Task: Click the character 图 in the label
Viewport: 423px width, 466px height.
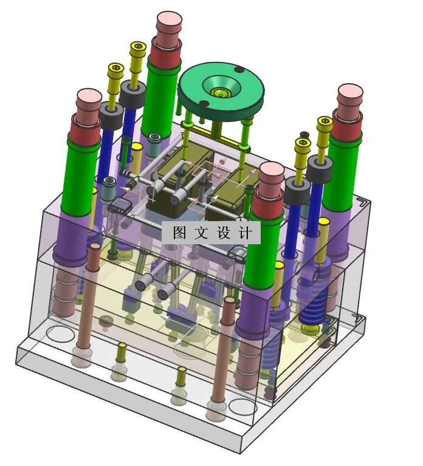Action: [x=181, y=233]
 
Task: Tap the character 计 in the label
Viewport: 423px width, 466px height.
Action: [x=246, y=233]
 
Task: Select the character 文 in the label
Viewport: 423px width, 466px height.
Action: [x=202, y=233]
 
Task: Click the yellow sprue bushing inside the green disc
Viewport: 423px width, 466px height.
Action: [x=220, y=93]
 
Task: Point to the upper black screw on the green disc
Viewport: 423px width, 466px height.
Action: [x=238, y=70]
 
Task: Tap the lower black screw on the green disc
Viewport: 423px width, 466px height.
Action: [x=204, y=104]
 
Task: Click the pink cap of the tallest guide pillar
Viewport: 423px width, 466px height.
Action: [x=169, y=24]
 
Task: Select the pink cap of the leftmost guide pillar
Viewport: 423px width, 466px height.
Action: [x=89, y=100]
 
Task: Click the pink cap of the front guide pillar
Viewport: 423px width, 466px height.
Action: [x=271, y=174]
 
